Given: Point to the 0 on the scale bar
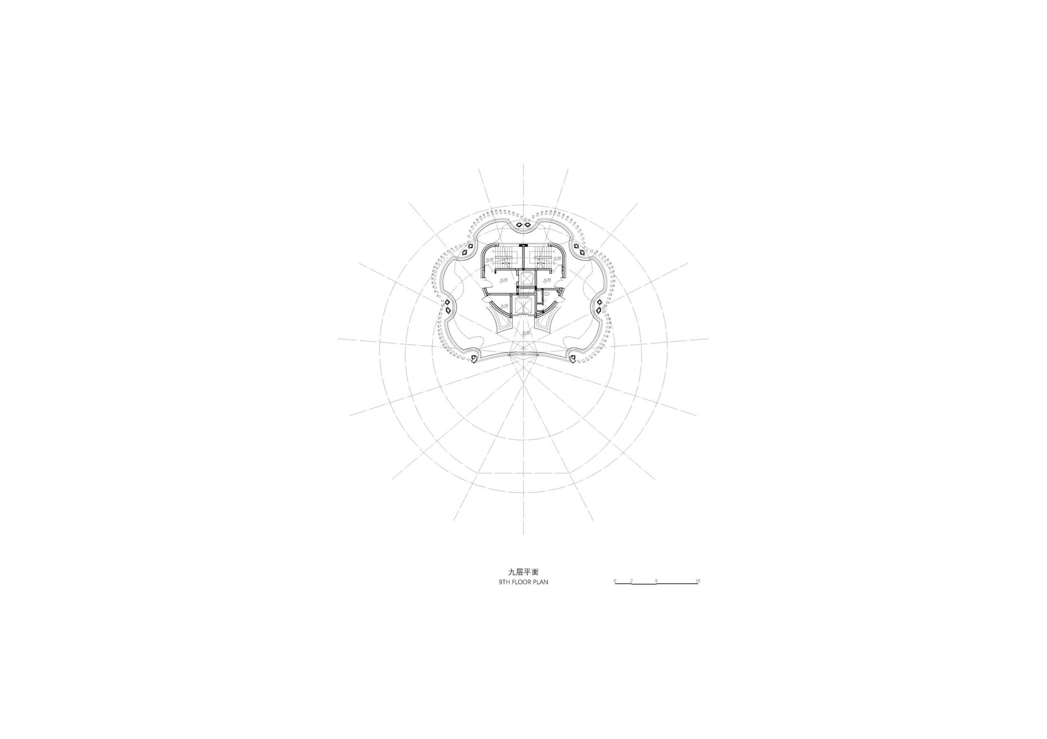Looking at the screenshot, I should click(x=616, y=581).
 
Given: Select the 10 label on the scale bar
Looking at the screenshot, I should click(x=697, y=581).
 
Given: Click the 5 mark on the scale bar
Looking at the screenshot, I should click(x=656, y=581).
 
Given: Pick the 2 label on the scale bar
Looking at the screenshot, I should click(x=632, y=581).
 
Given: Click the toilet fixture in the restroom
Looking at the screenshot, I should click(x=546, y=297).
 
